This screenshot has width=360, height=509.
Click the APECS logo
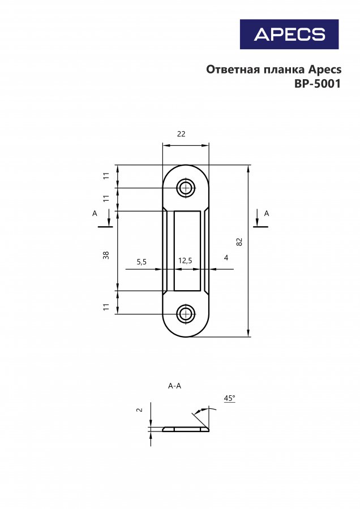point(289,34)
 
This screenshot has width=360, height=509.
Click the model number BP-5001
point(318,84)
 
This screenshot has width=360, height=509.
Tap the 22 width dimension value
point(181,133)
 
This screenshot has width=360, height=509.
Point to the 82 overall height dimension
point(239,241)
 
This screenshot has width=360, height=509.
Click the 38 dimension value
point(106,255)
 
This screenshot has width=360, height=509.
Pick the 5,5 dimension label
point(142,262)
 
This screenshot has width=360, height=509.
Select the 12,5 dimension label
point(185,260)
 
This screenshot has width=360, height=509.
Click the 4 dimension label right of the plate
point(226,257)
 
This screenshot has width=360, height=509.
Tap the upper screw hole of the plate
point(186,188)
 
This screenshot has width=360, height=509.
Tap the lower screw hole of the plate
point(186,314)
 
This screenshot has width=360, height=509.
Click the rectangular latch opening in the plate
point(187,251)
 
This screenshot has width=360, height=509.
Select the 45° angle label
point(229,398)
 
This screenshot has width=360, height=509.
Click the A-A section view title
point(174,386)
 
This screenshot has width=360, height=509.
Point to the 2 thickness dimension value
point(139,410)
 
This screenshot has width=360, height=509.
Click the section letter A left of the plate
point(95,213)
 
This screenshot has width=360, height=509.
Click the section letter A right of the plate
point(267,213)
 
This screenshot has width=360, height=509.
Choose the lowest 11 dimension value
point(106,307)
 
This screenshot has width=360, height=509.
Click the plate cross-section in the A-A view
point(186,429)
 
